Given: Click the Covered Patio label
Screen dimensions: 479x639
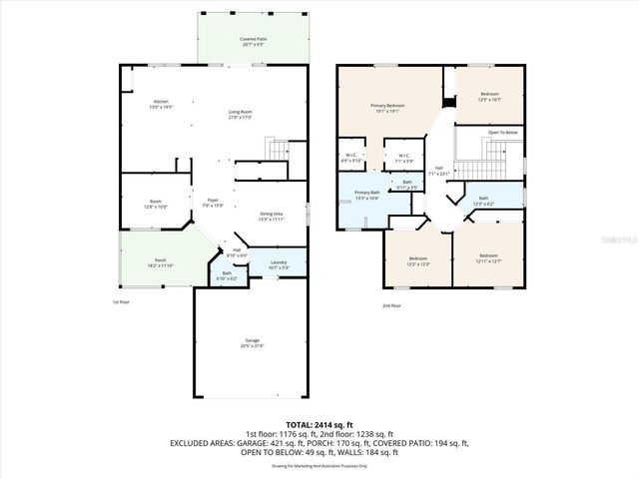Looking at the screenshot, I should [252, 40].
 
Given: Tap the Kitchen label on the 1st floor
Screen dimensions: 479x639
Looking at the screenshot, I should [161, 102].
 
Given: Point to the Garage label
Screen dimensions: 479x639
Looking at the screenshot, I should [252, 342].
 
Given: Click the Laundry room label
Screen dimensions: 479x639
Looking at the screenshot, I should [279, 262].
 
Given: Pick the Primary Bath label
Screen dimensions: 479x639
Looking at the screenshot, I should [366, 193].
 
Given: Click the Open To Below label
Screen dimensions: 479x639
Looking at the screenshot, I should [502, 132].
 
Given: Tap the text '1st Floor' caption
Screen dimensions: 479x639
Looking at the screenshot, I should [121, 300].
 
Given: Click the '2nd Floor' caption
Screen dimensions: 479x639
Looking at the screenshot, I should [391, 305].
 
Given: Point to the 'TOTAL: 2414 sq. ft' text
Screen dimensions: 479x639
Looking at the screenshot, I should [319, 425].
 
